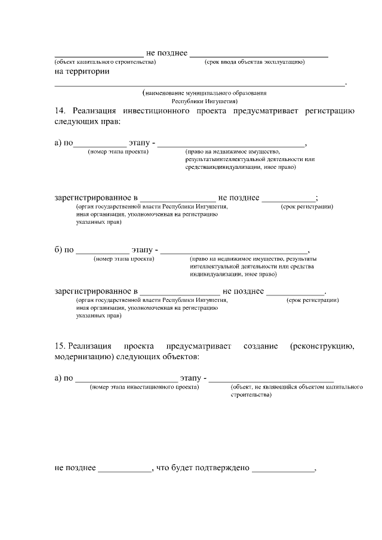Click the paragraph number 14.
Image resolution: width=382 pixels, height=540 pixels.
pos(59,111)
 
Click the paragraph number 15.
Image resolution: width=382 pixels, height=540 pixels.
pos(59,346)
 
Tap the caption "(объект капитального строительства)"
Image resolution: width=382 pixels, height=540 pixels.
pos(105,61)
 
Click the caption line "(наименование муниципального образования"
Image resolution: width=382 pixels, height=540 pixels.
pos(204,94)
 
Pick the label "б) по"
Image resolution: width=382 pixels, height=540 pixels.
pos(64,249)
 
